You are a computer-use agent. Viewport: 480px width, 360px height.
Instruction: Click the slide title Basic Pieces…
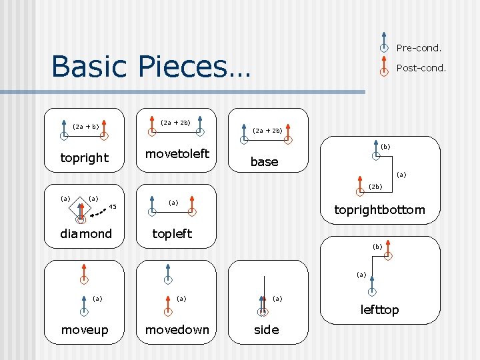point(150,66)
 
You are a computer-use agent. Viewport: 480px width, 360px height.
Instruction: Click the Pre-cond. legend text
point(419,48)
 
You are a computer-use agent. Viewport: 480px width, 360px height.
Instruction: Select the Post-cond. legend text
point(421,68)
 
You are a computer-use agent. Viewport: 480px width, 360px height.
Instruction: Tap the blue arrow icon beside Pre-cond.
point(384,42)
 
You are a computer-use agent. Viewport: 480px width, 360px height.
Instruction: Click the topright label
point(84,158)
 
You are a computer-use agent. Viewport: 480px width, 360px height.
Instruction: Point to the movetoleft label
point(177,154)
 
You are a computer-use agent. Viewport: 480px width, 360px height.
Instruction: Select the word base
point(264,162)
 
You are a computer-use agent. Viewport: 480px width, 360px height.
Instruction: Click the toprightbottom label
point(379,210)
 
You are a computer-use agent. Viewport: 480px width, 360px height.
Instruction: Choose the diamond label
point(86,234)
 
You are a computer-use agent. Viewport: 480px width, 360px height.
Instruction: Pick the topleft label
point(172,233)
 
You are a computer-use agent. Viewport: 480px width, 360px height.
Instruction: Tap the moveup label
point(85,330)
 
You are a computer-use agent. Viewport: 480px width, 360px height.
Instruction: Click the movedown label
point(177,330)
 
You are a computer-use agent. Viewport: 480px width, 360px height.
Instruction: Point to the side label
point(266,330)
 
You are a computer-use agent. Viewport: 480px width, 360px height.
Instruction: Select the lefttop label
point(379,309)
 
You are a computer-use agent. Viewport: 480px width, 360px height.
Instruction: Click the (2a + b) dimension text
point(86,126)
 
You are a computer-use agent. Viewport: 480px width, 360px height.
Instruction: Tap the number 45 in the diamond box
point(113,207)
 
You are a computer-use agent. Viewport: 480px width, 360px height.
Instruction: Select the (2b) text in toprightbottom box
point(375,187)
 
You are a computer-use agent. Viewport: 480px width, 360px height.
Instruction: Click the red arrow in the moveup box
point(84,273)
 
